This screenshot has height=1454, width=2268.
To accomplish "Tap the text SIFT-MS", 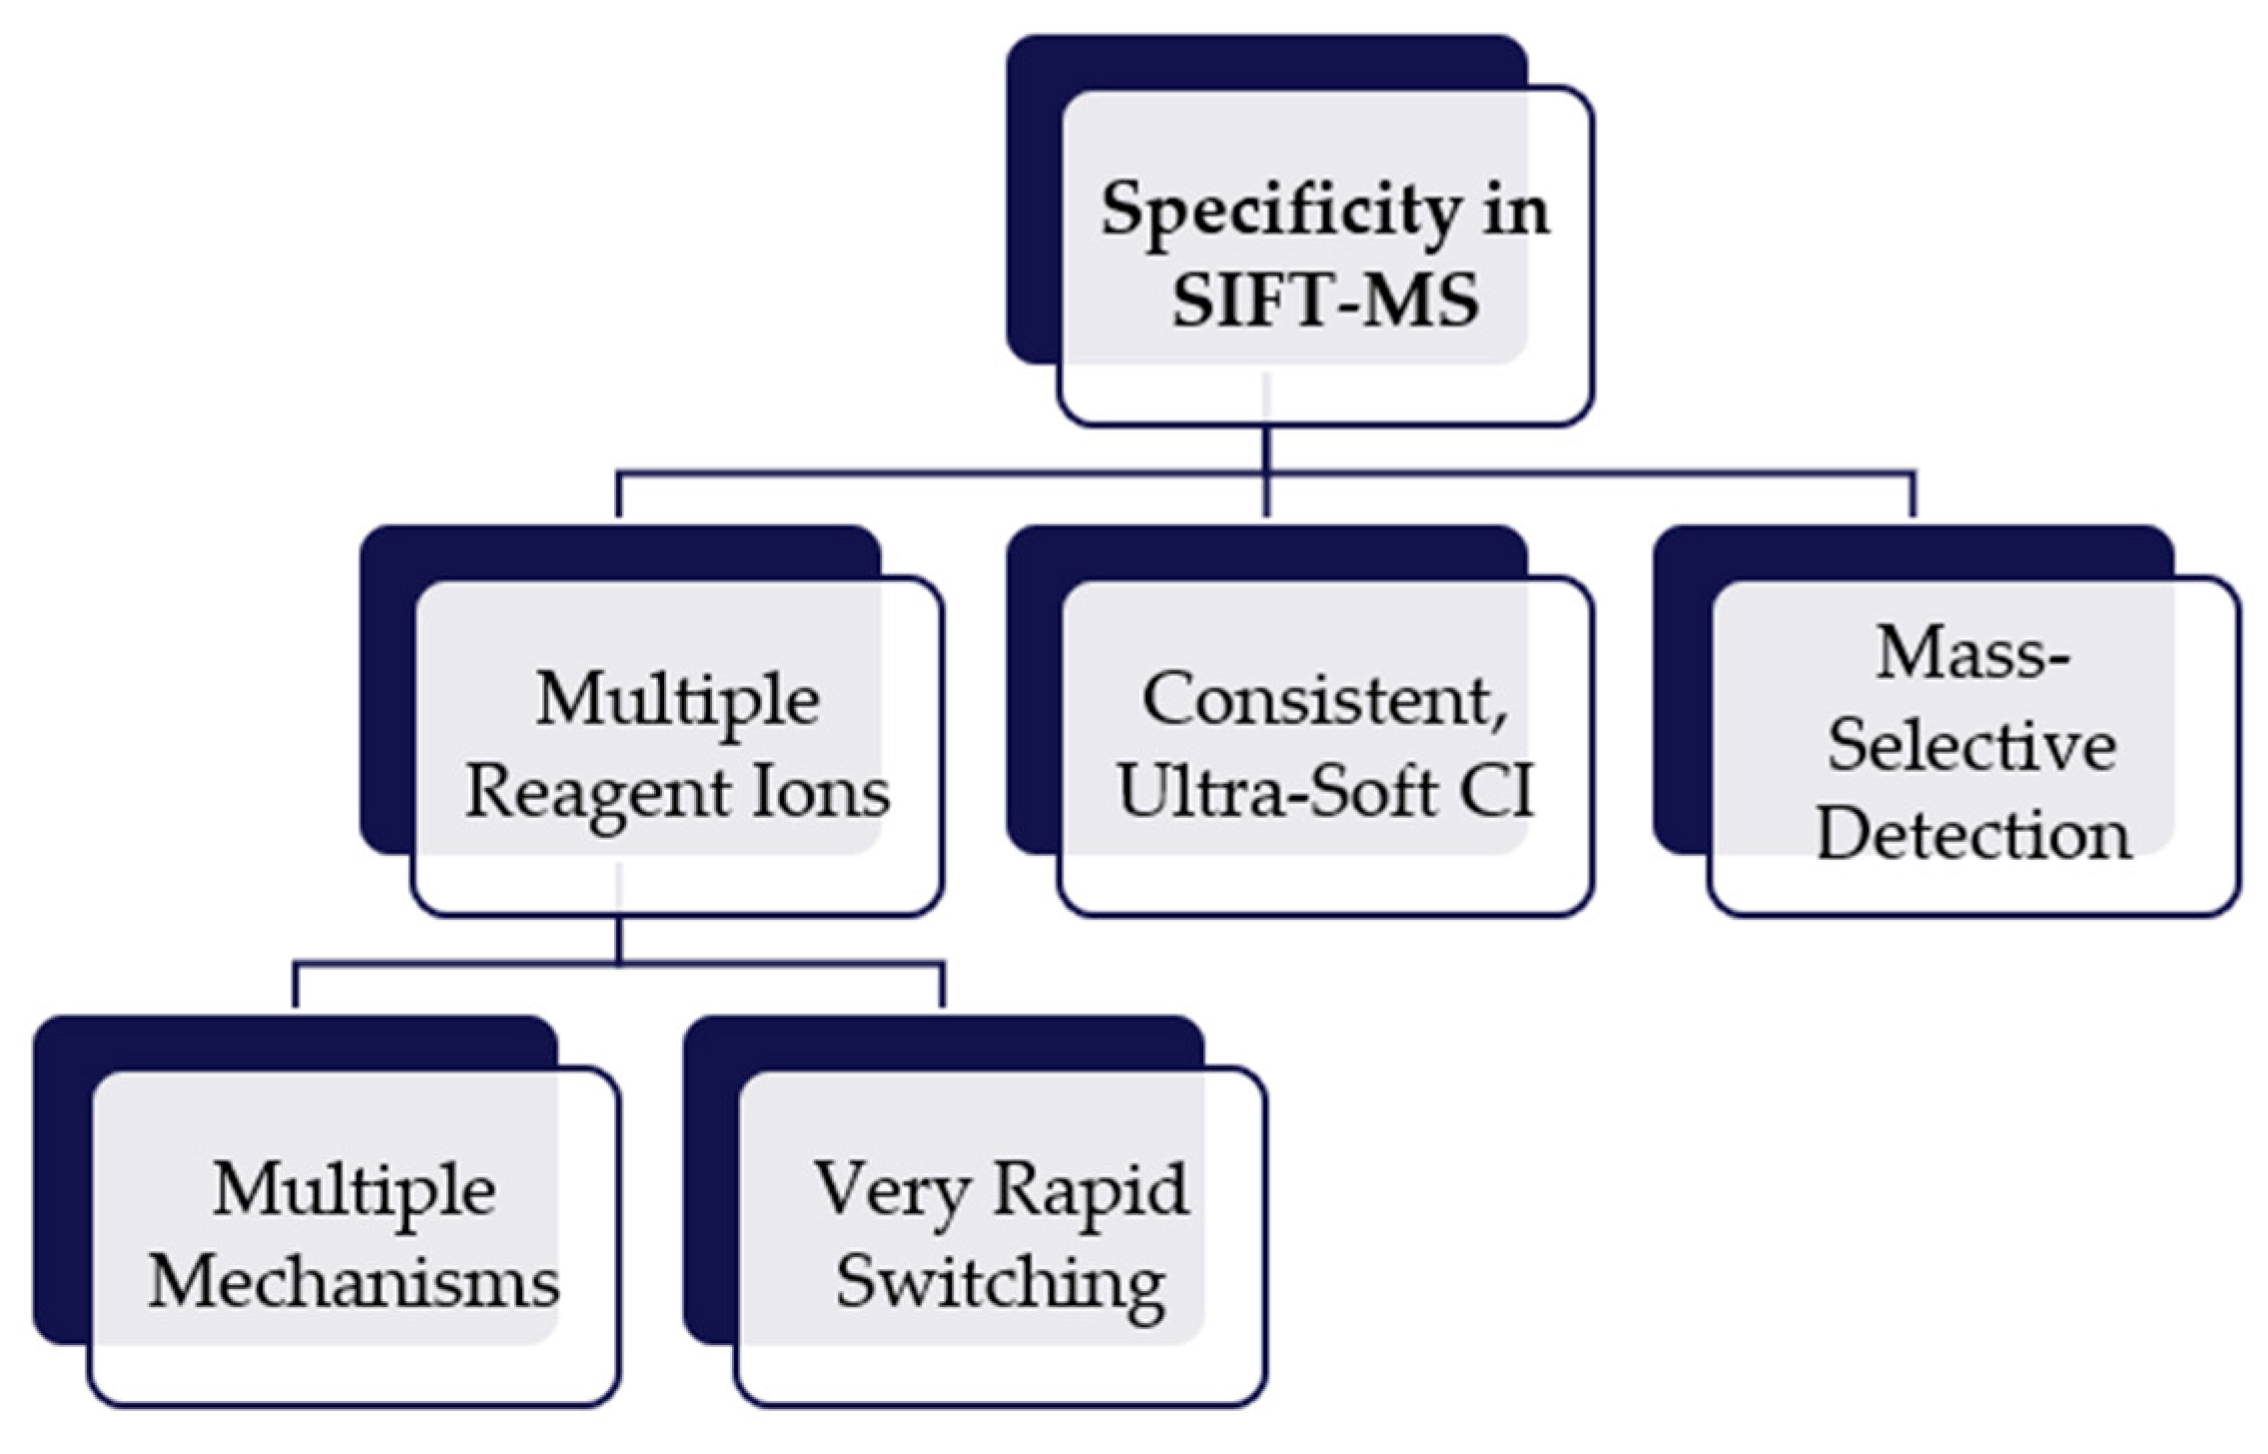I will (1324, 301).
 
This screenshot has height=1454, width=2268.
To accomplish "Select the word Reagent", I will (597, 795).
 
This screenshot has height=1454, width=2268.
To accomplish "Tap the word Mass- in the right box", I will (1973, 655).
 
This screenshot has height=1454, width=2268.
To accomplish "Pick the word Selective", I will (1971, 747).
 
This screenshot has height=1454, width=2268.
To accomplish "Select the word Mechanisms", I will (354, 1283).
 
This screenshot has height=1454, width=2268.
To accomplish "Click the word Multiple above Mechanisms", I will (354, 1191).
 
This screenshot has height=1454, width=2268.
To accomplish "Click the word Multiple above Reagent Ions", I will (678, 700).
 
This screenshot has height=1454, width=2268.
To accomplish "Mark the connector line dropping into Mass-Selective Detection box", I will (1913, 495).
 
